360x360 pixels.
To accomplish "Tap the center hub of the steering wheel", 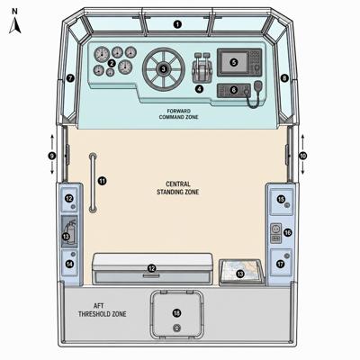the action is click(164, 69).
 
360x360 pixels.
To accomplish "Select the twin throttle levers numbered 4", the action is click(202, 68).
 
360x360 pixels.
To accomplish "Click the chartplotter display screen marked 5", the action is click(234, 62).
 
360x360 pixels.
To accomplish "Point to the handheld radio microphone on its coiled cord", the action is click(257, 86).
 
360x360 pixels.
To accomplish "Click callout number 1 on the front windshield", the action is click(178, 24).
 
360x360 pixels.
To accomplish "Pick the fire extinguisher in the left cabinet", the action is click(69, 231).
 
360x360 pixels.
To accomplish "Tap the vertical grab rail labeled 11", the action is click(94, 183).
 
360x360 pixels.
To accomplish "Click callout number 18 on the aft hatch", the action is click(176, 313).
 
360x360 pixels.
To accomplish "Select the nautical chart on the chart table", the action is click(240, 272).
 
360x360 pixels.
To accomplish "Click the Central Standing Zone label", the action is click(178, 188).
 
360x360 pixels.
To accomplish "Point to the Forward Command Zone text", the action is click(178, 114).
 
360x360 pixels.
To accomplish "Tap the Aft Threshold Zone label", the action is click(102, 310).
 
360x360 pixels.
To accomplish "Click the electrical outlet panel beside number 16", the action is click(275, 233).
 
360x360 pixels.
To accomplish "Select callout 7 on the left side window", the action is click(70, 78).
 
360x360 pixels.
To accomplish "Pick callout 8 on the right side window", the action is click(284, 78).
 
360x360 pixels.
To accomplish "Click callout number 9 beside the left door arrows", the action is click(52, 156).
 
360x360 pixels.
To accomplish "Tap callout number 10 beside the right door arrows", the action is click(302, 156).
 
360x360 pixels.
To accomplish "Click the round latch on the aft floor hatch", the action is click(176, 328).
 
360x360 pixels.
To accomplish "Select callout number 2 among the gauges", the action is click(112, 63).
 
